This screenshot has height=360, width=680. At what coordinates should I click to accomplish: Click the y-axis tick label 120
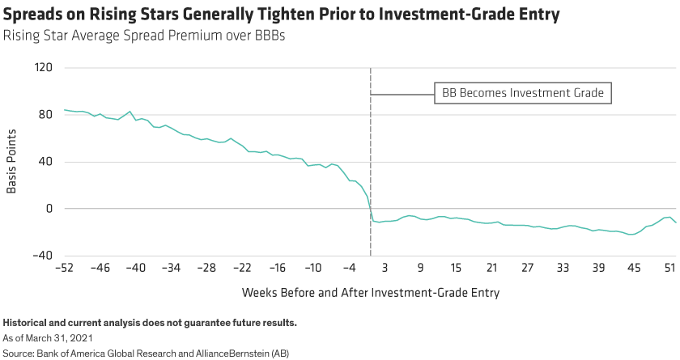(44, 68)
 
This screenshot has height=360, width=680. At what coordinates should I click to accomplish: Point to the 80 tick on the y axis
(46, 115)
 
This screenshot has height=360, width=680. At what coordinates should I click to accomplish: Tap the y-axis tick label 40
(46, 162)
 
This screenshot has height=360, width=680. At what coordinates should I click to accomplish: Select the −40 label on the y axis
(43, 256)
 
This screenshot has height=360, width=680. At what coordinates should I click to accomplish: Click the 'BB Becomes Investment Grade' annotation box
(523, 93)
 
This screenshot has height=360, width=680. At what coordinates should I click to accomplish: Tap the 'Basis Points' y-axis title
(12, 162)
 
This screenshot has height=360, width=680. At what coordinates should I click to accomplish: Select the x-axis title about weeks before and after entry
(370, 292)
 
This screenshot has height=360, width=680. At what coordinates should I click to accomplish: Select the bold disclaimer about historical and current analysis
(151, 324)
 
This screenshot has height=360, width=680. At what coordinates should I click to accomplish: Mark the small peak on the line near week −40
(130, 112)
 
